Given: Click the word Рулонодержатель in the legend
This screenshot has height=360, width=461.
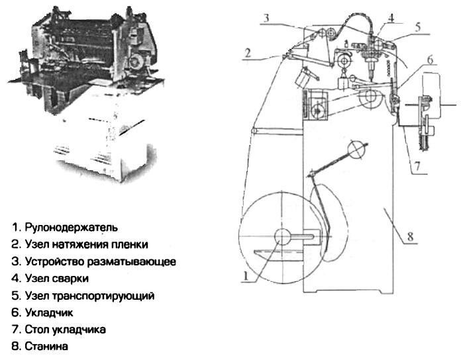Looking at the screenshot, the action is tap(71, 227).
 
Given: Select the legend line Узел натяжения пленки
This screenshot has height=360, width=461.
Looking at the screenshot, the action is tap(79, 244).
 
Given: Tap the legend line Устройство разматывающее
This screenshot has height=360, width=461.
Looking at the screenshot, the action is tap(94, 261).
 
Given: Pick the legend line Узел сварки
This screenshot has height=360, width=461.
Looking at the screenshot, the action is tap(50, 279).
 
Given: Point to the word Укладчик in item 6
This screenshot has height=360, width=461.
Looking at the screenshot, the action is tap(49, 312).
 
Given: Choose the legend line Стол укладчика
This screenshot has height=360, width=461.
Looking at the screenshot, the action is tap(59, 330).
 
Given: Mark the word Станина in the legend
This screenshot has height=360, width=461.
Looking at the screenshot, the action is tap(46, 346).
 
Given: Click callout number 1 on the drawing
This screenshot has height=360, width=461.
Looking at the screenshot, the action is tap(245, 277).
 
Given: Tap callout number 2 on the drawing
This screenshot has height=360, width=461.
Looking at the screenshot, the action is tap(248, 53).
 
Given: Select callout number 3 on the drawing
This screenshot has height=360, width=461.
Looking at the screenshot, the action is tap(266, 19).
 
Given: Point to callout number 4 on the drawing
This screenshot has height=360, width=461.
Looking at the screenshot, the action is tap(391, 18).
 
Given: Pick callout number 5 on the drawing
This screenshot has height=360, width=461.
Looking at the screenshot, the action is tap(418, 27).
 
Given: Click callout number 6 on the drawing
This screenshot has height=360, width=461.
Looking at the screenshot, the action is tap(430, 60).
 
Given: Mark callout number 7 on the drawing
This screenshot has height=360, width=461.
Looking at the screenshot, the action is tap(417, 166).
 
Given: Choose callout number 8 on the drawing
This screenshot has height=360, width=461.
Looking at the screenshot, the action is tap(411, 236).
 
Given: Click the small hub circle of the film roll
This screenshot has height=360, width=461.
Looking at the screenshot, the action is tap(282, 237).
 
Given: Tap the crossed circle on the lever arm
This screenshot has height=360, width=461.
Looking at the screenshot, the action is tap(356, 150).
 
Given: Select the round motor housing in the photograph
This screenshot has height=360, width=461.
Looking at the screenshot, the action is tap(136, 62).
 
